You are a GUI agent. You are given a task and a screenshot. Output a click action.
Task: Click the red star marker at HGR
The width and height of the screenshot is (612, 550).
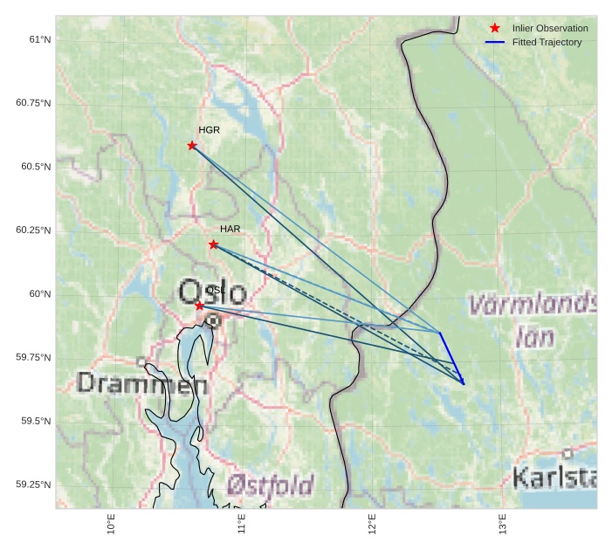point(192,145)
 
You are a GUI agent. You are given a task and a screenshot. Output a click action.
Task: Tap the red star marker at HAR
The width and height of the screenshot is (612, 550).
point(214,244)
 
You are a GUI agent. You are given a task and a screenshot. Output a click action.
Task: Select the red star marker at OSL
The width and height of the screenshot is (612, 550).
point(200,306)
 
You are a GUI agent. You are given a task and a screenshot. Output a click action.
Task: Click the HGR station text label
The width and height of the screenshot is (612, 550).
point(209,130)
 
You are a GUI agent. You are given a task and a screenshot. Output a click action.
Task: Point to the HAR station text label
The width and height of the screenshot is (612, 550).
point(230,229)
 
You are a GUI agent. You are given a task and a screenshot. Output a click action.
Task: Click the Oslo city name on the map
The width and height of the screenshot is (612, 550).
point(212,292)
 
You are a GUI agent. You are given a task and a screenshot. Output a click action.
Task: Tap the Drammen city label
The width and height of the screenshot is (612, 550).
point(141,383)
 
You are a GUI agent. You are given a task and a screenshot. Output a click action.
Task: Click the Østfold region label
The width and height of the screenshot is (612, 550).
point(270,485)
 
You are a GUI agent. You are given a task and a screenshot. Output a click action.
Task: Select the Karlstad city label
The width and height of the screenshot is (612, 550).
point(554,478)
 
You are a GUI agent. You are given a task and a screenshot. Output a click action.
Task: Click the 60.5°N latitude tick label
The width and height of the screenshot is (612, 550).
point(34,167)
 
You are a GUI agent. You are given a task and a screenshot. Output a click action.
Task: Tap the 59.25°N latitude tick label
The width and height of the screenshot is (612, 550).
point(34,485)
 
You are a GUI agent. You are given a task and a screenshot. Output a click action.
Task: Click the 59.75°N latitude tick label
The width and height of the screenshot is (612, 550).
point(34,358)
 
